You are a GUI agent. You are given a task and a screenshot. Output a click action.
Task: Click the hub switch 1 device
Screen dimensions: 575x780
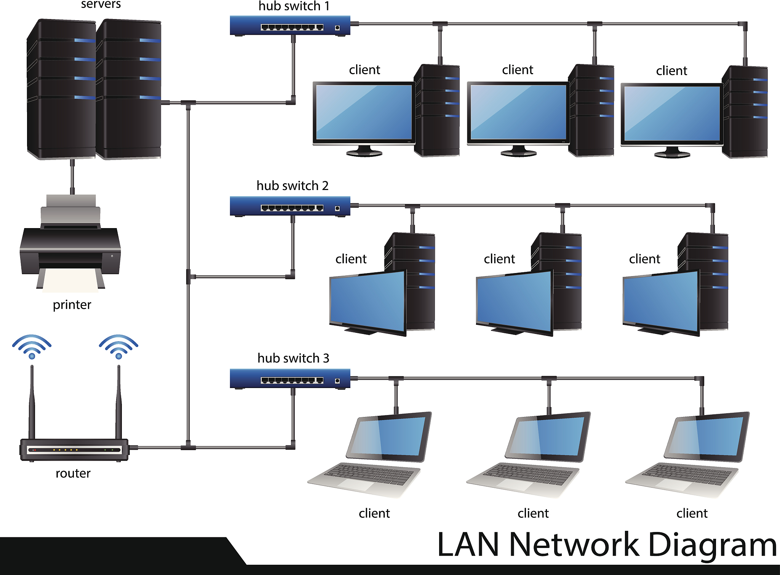tap(289, 26)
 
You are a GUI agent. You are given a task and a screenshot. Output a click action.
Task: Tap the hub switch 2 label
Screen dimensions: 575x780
tap(292, 186)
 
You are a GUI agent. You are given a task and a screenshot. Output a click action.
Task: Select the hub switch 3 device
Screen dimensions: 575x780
tap(289, 379)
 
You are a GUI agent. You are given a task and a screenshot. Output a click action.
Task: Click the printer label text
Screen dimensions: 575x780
tap(72, 305)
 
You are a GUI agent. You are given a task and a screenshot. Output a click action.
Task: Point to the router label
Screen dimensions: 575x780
tap(73, 473)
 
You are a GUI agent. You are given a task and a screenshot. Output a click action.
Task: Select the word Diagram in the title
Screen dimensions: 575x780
tap(712, 545)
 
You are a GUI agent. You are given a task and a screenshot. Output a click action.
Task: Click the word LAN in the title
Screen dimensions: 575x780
tap(468, 545)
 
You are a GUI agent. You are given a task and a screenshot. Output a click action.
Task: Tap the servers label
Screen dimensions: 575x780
tap(101, 5)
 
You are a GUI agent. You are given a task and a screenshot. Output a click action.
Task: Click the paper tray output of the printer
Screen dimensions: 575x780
tap(70, 280)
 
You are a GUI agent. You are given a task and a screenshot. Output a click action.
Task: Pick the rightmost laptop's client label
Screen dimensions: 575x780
tap(692, 513)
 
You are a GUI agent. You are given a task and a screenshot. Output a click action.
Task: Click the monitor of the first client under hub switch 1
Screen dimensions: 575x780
tap(364, 112)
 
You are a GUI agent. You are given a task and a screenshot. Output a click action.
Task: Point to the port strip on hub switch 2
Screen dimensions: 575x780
tap(292, 208)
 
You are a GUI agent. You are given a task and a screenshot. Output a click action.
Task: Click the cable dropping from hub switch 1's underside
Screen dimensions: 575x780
tap(293, 69)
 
